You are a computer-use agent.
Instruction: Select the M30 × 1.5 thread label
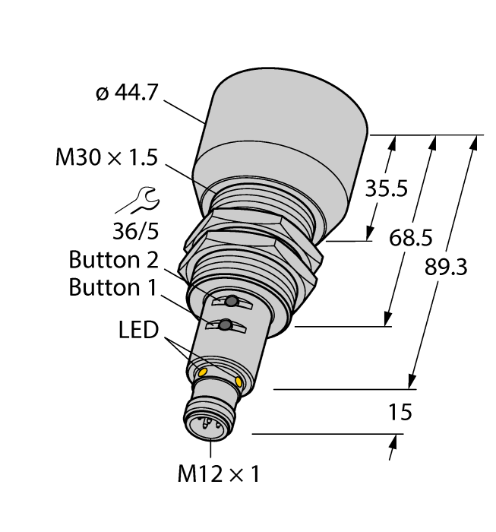(106, 157)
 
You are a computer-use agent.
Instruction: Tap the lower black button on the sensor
(226, 327)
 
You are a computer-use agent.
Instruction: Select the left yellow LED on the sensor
(203, 371)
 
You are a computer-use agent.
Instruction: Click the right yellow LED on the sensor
(240, 381)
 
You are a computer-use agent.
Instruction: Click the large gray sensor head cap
(281, 144)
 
